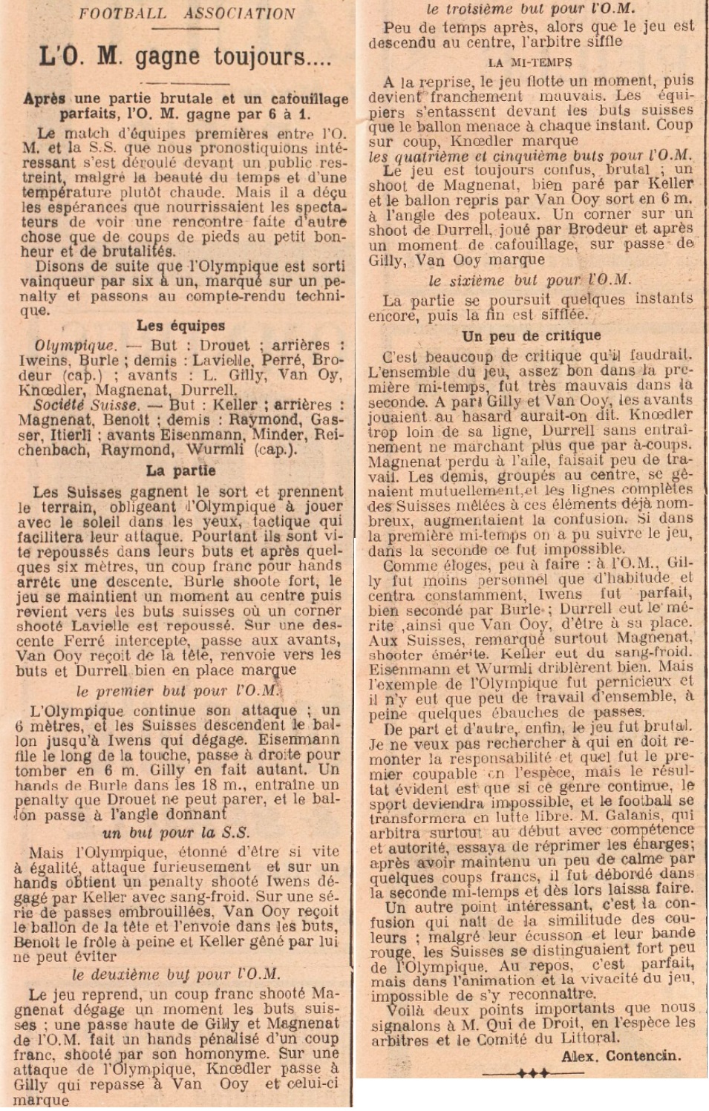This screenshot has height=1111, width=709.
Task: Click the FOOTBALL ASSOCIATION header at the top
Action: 186,13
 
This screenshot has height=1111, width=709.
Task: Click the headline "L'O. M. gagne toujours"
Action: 185,56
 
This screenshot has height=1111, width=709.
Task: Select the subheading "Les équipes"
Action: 180,325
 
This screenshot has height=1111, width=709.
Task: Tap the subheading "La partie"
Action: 180,471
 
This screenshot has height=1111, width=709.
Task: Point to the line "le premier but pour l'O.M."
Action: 177,690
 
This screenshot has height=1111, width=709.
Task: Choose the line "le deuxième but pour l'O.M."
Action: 176,974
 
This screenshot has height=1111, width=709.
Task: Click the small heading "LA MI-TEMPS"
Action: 530,62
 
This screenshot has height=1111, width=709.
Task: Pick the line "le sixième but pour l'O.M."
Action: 529,281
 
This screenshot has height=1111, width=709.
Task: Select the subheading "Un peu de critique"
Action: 531,336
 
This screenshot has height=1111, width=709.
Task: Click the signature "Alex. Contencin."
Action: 620,1055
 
